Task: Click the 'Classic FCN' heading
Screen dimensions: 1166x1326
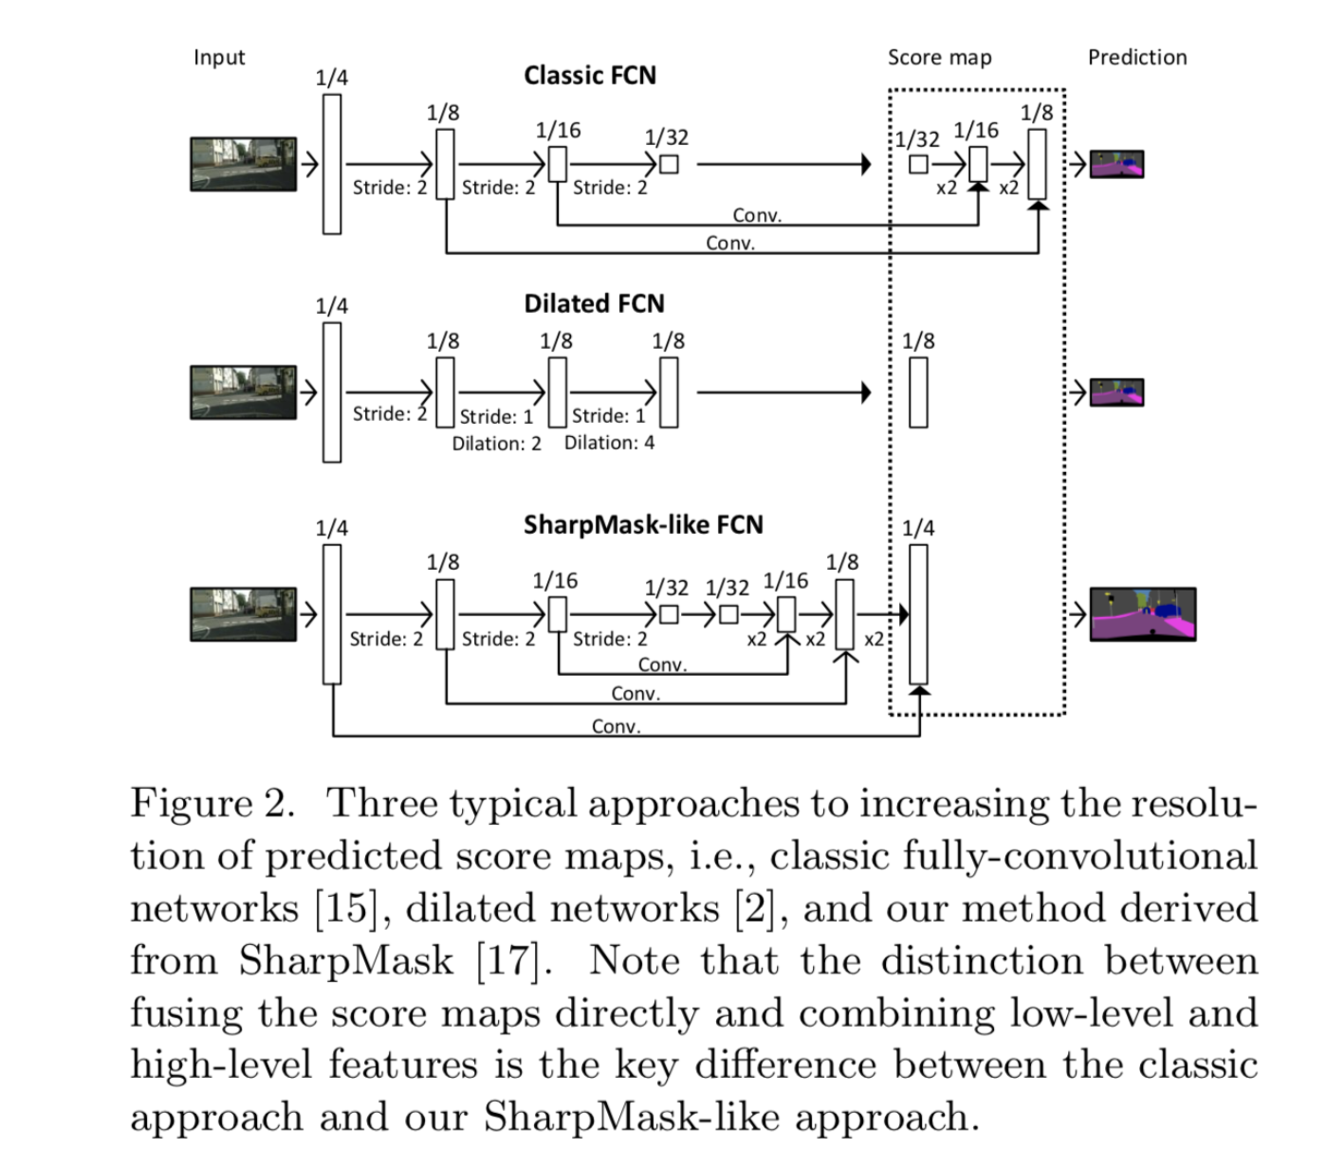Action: point(589,76)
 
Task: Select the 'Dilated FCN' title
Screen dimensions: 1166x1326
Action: point(594,304)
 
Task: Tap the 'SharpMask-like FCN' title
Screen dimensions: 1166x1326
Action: point(643,525)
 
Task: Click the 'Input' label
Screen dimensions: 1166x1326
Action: point(219,58)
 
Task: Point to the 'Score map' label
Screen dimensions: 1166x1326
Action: point(939,58)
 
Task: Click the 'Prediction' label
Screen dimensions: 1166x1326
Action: point(1136,58)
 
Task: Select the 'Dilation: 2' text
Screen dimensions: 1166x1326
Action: point(496,444)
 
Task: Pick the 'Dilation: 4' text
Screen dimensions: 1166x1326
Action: point(609,443)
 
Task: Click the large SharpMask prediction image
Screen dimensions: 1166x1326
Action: point(1142,614)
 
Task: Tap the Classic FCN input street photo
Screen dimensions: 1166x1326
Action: point(243,164)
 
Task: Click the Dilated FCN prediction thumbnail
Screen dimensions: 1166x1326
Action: point(1116,392)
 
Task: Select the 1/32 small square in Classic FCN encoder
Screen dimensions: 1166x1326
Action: point(669,164)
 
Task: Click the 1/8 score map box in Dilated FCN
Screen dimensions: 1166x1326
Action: point(918,392)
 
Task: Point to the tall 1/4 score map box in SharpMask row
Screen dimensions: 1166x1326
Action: point(918,614)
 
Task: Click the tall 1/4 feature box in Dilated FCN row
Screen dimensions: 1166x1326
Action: point(332,392)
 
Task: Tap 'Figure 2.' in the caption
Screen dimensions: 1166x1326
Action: point(212,804)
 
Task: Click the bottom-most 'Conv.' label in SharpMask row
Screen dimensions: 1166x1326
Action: point(616,727)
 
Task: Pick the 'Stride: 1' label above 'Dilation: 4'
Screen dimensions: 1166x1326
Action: point(608,416)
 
